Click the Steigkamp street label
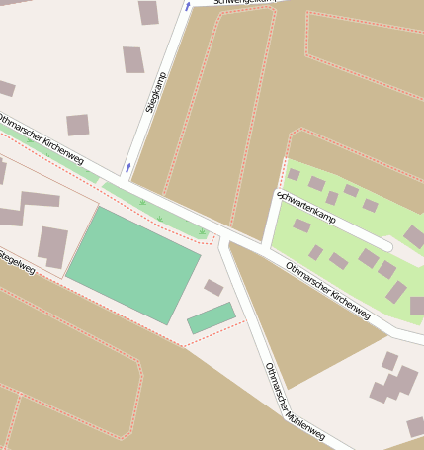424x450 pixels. click(154, 91)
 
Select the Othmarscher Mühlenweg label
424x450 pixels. click(294, 403)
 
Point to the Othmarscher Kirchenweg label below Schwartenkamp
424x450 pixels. click(327, 291)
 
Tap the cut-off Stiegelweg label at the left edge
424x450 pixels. click(17, 260)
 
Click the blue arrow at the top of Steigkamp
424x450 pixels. click(187, 7)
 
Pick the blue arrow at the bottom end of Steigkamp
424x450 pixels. click(127, 167)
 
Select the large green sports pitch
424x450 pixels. click(132, 263)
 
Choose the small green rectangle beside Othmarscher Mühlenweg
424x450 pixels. click(211, 318)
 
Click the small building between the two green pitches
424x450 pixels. click(213, 288)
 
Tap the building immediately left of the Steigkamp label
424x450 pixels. click(132, 59)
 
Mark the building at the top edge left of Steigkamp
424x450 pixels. click(148, 12)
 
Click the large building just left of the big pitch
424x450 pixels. click(52, 244)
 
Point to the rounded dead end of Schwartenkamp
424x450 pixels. click(387, 245)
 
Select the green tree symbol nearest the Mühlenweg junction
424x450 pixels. click(202, 232)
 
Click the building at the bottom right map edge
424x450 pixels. click(416, 427)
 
